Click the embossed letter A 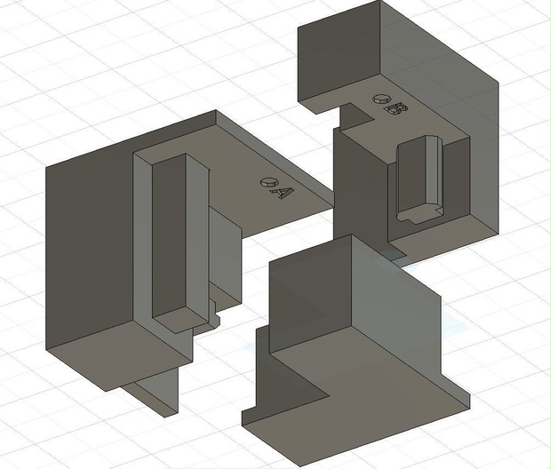tap(282, 193)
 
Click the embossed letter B tap(396, 109)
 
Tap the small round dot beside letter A tap(268, 182)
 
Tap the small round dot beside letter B tap(381, 99)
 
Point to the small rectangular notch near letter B tap(355, 115)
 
